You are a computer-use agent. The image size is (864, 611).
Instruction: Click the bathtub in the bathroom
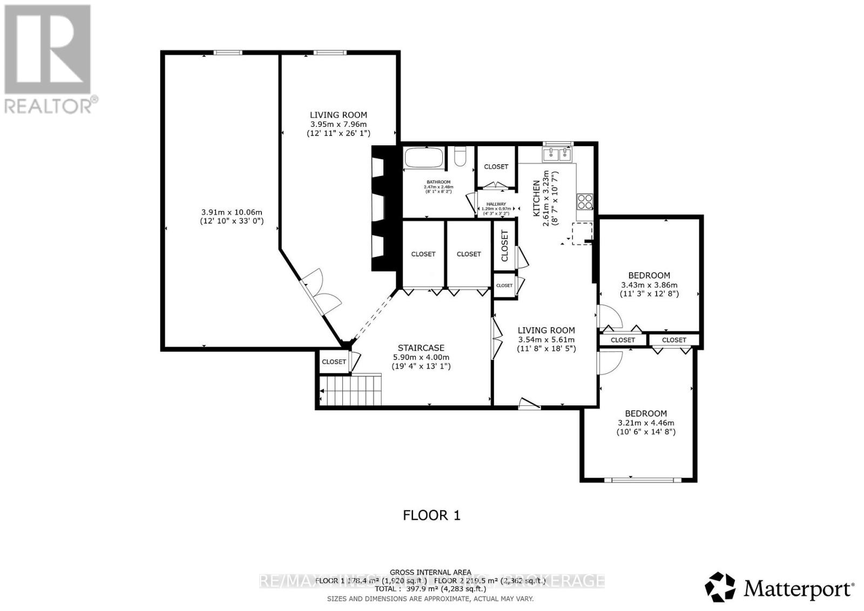[x=424, y=158]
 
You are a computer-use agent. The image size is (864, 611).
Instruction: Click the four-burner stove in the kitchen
[x=585, y=202]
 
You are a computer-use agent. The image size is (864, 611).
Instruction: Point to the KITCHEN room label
[x=537, y=199]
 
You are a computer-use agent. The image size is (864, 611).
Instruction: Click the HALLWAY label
[x=496, y=204]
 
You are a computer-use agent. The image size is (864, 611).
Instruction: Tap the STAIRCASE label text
[x=421, y=348]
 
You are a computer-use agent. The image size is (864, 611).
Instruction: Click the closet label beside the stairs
[x=334, y=362]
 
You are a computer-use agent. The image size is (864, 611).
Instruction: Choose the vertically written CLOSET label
[x=505, y=246]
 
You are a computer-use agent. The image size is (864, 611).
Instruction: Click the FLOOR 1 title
[x=431, y=515]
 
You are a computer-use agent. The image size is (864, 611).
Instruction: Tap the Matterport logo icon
[x=720, y=587]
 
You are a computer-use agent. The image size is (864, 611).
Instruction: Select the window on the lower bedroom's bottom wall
[x=639, y=479]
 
